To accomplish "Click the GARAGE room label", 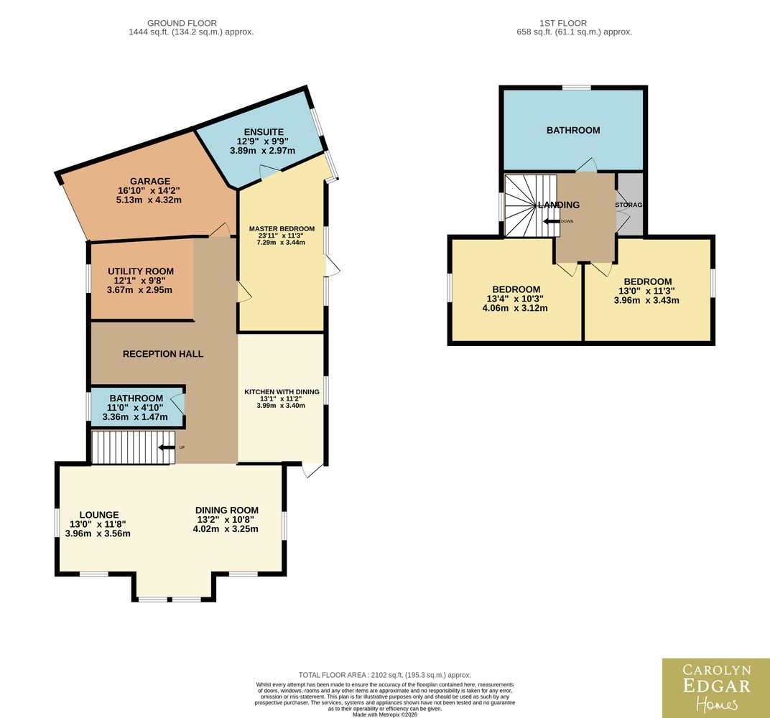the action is click(x=150, y=181).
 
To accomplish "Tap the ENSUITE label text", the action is click(x=264, y=132).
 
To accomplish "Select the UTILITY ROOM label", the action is click(x=141, y=271).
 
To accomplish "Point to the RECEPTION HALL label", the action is click(x=163, y=354).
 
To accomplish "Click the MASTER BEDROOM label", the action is click(x=282, y=229).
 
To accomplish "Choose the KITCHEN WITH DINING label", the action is click(x=282, y=391).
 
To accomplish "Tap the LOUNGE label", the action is click(x=99, y=515).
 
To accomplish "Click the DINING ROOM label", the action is click(x=227, y=510).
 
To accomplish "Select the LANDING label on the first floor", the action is click(x=559, y=205).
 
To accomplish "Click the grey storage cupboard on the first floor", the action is click(x=629, y=205).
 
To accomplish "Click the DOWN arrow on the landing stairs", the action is click(x=551, y=221).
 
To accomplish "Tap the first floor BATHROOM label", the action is click(x=573, y=130).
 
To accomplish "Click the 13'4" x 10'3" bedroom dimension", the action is click(x=515, y=299).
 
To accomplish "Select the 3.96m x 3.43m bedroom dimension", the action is click(x=646, y=300).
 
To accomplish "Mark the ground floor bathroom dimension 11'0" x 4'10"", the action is click(x=135, y=407).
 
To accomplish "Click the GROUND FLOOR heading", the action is click(x=182, y=23).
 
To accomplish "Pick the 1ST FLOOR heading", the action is click(x=563, y=23).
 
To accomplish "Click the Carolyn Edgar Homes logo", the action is click(x=716, y=688).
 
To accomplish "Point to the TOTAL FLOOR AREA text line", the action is click(x=385, y=675).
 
